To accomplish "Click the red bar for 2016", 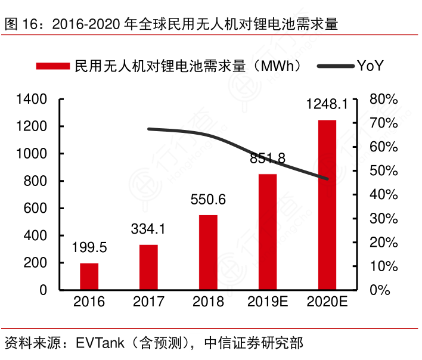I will [89, 277].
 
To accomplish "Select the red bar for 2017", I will [149, 268].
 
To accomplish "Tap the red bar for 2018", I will [208, 253].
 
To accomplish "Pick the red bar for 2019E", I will [268, 232].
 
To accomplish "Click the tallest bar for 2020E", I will [327, 205].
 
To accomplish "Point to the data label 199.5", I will [89, 247].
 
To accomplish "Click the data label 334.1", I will [149, 229].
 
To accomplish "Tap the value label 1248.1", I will [327, 105].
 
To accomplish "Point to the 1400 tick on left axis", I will [32, 99].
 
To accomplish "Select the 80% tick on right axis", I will [383, 99].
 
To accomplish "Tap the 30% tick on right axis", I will [383, 219].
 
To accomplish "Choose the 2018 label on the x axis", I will [208, 302].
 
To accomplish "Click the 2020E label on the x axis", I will [327, 302].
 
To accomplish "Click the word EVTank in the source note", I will [98, 343].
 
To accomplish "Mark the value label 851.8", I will [268, 159].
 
